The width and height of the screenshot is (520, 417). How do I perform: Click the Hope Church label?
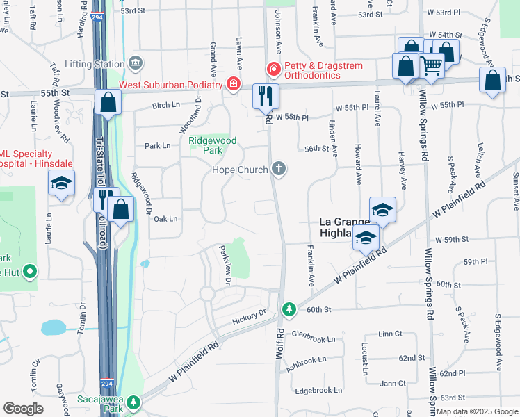[241, 170]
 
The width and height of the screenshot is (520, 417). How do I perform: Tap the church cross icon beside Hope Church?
[279, 167]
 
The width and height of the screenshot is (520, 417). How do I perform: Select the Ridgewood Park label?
[213, 145]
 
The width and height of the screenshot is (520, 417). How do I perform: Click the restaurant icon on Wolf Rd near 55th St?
[265, 96]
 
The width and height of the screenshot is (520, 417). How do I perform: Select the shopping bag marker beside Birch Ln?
[108, 103]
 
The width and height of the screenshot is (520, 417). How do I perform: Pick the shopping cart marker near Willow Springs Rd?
[432, 67]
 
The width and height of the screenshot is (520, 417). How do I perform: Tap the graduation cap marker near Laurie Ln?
[61, 183]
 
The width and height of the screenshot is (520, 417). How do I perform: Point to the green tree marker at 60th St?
[289, 309]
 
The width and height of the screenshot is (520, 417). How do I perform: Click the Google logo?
[24, 409]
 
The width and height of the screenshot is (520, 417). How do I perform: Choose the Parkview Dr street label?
[224, 265]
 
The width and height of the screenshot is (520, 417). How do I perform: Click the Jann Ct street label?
[393, 383]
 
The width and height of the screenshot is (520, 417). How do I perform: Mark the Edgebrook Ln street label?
[318, 391]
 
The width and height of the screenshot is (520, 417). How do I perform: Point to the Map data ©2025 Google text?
[477, 411]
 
